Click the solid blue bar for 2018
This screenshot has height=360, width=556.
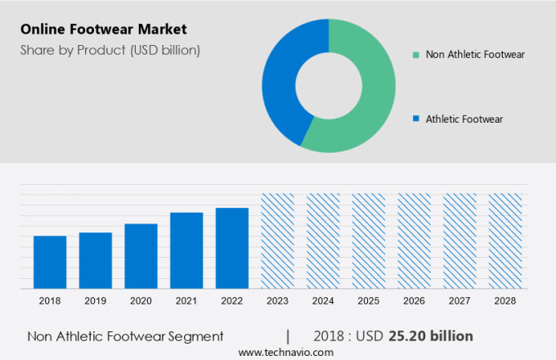[x=50, y=262]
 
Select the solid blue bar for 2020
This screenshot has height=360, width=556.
[x=141, y=255]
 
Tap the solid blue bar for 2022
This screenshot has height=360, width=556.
[x=231, y=247]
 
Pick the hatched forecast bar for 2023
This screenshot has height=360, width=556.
[x=277, y=241]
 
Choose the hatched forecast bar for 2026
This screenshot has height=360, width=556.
[x=414, y=241]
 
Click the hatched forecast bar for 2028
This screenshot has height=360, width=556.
[x=504, y=241]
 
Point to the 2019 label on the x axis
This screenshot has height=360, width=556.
[x=96, y=301]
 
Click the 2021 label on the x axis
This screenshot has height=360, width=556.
[x=186, y=301]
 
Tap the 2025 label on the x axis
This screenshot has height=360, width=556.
[x=368, y=301]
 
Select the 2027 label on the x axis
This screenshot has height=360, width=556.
[x=459, y=301]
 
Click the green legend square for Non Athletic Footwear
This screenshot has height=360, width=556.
[x=416, y=56]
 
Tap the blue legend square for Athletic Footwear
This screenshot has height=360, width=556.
[x=416, y=119]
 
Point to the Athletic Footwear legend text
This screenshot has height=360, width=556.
[x=464, y=119]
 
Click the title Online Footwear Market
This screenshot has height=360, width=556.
[x=104, y=29]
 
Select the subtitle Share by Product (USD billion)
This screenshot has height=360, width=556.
[x=110, y=50]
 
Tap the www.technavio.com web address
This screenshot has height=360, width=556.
[x=286, y=352]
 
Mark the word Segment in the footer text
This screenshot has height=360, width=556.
[x=195, y=336]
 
